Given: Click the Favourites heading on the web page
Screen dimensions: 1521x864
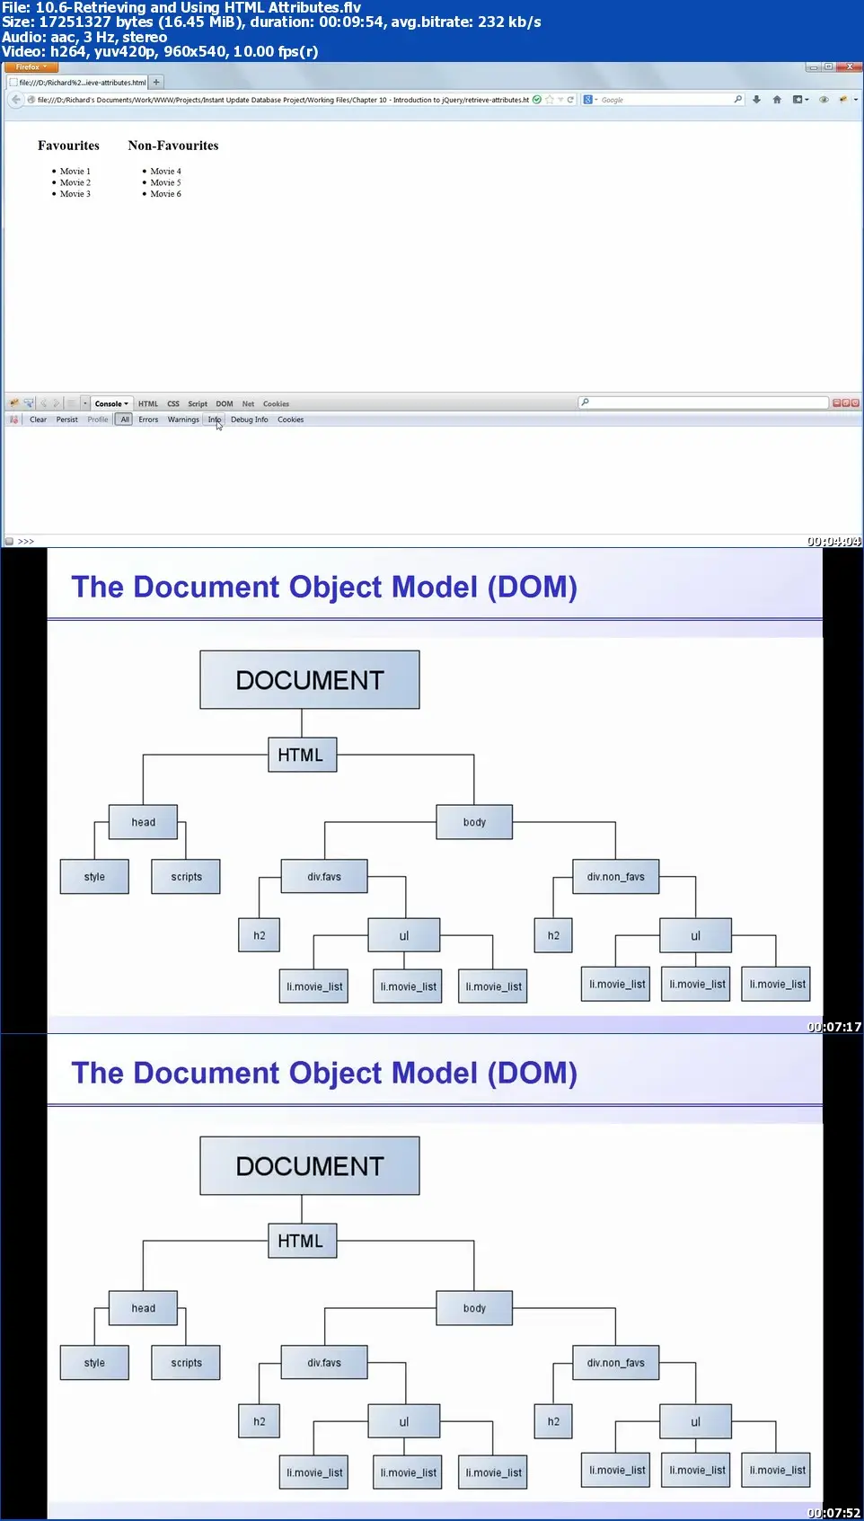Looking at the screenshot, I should [x=68, y=146].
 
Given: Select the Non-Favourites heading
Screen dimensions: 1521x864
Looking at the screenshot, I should [x=172, y=146].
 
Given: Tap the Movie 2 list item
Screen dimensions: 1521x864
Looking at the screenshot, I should [x=75, y=182].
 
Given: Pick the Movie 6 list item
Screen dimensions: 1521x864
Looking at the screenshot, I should [x=165, y=194].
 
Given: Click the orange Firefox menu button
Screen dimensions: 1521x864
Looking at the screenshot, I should [x=31, y=67].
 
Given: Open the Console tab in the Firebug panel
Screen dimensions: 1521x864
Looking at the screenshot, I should [x=110, y=404].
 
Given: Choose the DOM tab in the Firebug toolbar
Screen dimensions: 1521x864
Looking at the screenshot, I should [x=225, y=404].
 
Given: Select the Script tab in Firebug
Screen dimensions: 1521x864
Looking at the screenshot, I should [x=198, y=404].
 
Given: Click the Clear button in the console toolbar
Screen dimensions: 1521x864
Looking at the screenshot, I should [x=38, y=420].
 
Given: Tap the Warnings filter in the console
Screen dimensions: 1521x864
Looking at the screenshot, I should [x=183, y=420].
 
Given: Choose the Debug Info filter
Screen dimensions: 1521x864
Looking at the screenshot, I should [x=249, y=420].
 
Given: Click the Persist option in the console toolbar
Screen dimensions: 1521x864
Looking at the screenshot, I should [x=66, y=420].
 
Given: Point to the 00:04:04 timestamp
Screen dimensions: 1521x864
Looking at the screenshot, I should [x=833, y=542].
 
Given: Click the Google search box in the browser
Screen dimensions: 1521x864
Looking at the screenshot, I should [x=665, y=100].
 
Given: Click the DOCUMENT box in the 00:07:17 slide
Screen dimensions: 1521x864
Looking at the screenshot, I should [x=309, y=680].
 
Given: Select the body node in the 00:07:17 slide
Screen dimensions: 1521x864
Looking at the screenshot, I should [x=474, y=822].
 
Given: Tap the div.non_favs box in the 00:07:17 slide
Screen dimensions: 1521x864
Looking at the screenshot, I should [x=615, y=877].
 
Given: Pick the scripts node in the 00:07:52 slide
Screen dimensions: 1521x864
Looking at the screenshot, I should [x=186, y=1363].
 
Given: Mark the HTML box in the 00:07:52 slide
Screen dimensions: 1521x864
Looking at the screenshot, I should [x=301, y=1241].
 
